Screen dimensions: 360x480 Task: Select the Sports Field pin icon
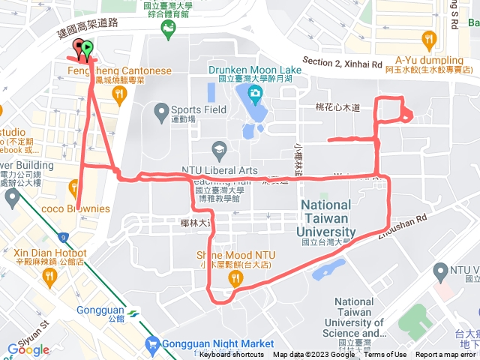pyautogui.click(x=160, y=113)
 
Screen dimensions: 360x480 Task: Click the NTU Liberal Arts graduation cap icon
pyautogui.click(x=220, y=148)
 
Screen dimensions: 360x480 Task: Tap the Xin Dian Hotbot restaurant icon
pyautogui.click(x=49, y=277)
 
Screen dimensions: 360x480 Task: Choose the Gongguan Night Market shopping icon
pyautogui.click(x=153, y=345)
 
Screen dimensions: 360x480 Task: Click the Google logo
pyautogui.click(x=28, y=349)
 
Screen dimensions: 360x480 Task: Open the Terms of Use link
pyautogui.click(x=385, y=355)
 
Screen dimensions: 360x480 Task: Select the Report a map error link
pyautogui.click(x=445, y=355)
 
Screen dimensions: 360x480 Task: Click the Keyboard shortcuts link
pyautogui.click(x=232, y=355)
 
